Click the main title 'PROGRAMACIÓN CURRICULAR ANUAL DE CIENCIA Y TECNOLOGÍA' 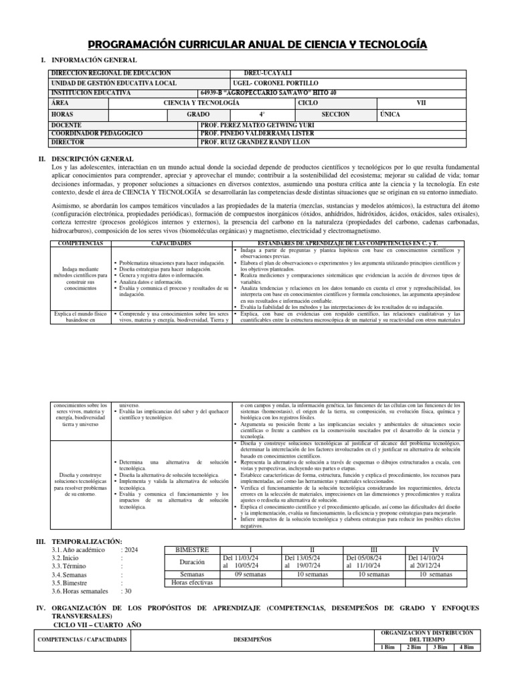click(x=256, y=44)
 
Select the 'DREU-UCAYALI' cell click(x=270, y=73)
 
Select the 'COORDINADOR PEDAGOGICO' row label click(x=96, y=133)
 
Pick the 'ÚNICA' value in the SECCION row click(x=390, y=115)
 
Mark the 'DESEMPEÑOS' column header click(x=252, y=639)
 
